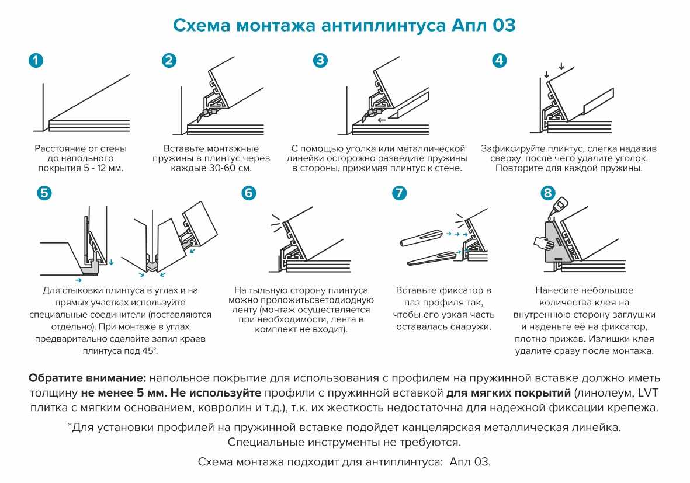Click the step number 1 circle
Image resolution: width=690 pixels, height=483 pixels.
tap(36, 61)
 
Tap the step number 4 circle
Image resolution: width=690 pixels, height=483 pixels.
tap(500, 61)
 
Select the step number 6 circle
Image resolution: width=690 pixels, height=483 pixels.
tap(249, 193)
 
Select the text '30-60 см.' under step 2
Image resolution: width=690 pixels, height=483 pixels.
tap(232, 168)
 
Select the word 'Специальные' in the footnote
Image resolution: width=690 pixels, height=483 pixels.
tap(262, 442)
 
